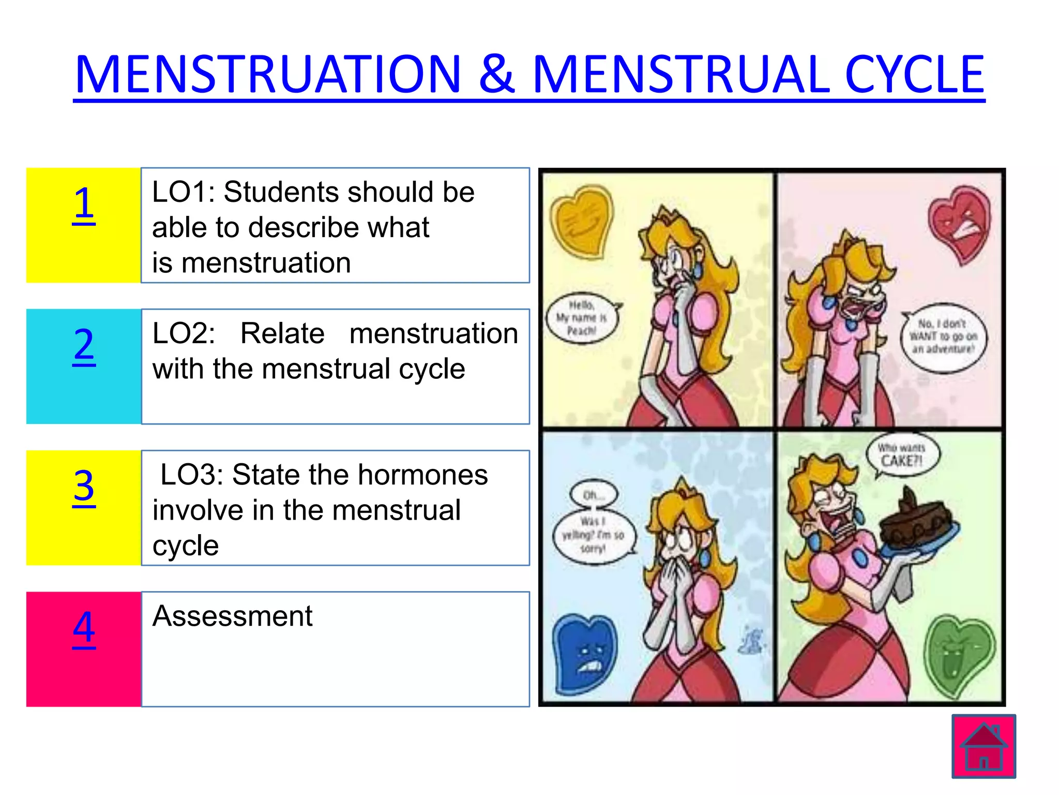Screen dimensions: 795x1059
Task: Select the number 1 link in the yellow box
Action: point(84,203)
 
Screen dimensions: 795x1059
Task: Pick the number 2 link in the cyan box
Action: point(84,345)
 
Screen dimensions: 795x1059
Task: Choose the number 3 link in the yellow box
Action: point(84,486)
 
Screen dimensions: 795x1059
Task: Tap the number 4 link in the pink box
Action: point(84,627)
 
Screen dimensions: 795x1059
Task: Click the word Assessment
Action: point(232,616)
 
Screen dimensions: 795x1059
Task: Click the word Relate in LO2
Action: point(282,333)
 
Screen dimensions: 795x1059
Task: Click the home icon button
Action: point(984,746)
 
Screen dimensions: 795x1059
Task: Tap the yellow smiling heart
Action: point(582,222)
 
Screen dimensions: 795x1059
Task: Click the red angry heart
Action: point(960,223)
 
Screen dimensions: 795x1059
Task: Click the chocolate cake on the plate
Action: point(915,523)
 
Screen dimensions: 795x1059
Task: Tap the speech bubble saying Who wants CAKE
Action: point(902,455)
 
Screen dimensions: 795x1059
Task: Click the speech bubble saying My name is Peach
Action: point(582,318)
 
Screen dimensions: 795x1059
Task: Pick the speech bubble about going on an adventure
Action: point(943,337)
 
